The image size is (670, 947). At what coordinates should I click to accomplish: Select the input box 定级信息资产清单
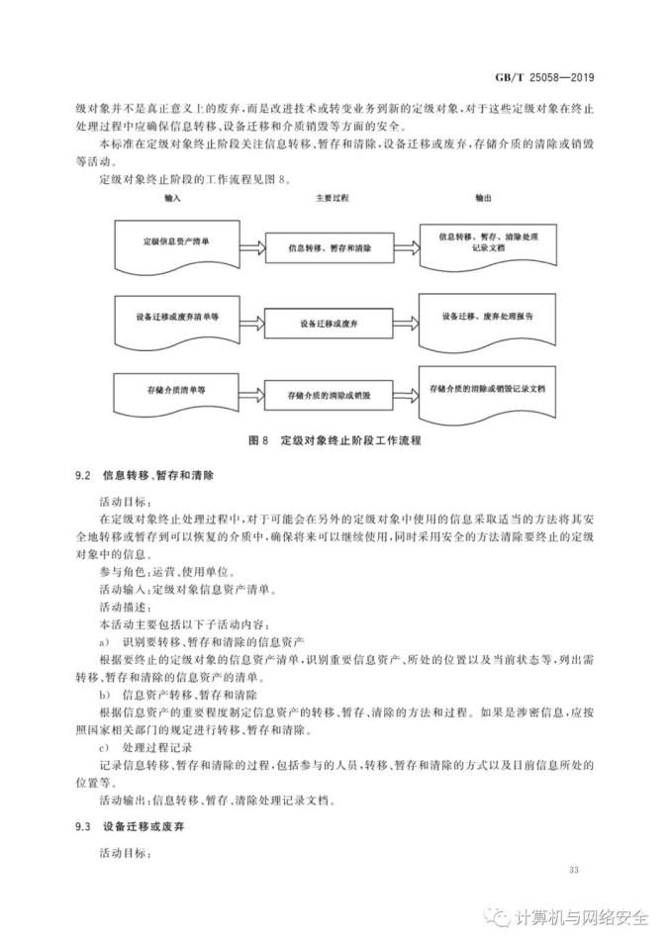(x=176, y=241)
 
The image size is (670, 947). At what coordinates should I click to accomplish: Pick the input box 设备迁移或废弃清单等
(x=176, y=318)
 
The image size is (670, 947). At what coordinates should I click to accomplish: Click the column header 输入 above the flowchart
(x=174, y=198)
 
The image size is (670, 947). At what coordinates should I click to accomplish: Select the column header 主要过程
(x=327, y=198)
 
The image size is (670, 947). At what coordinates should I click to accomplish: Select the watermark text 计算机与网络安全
(x=582, y=916)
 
